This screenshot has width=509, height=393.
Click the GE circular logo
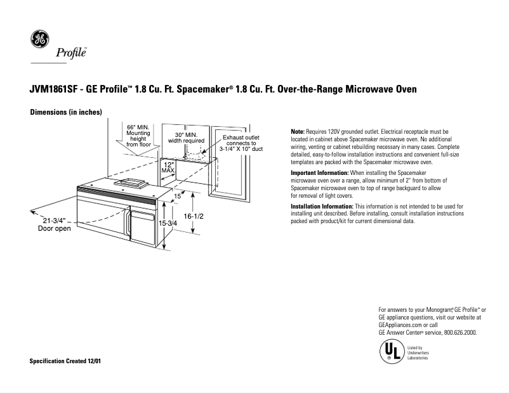(x=40, y=40)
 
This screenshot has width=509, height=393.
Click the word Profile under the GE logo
(x=72, y=53)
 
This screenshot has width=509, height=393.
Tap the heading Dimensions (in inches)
(x=66, y=112)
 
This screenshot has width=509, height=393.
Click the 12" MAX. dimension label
(x=168, y=167)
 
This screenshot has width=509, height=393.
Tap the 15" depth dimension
(x=178, y=196)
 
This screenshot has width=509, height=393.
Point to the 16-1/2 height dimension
(x=193, y=216)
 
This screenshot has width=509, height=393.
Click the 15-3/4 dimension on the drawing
(x=168, y=224)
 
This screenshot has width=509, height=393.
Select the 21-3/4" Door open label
(x=55, y=224)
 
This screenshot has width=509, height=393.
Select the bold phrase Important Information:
(x=319, y=173)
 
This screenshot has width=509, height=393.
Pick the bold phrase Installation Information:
(x=322, y=207)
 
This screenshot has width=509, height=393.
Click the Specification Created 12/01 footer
(x=65, y=361)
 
